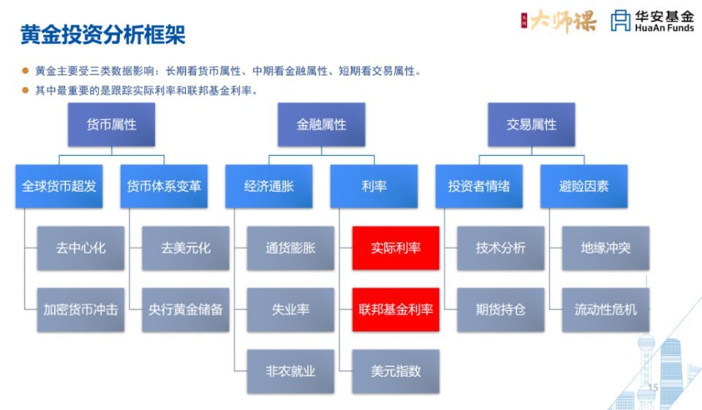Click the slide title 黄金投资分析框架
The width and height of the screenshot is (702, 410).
102,34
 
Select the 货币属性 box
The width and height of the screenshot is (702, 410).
111,124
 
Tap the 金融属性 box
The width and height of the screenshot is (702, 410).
322,124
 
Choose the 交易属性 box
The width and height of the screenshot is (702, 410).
532,124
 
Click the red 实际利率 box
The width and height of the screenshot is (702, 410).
396,248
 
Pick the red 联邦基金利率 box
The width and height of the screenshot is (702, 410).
396,310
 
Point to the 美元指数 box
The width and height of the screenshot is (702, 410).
396,371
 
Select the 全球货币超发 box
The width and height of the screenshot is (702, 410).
59,186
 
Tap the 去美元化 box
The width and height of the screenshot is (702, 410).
186,248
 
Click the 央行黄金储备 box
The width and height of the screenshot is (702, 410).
186,310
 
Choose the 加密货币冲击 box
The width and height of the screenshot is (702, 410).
80,310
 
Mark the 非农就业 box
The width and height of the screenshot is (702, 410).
290,371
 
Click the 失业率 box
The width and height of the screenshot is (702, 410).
290,310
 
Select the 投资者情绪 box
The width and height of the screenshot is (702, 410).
479,186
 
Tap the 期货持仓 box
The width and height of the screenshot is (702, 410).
500,310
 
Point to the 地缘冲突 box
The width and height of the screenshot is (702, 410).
605,248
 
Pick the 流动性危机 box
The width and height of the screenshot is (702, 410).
605,310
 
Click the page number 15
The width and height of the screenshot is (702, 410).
654,387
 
